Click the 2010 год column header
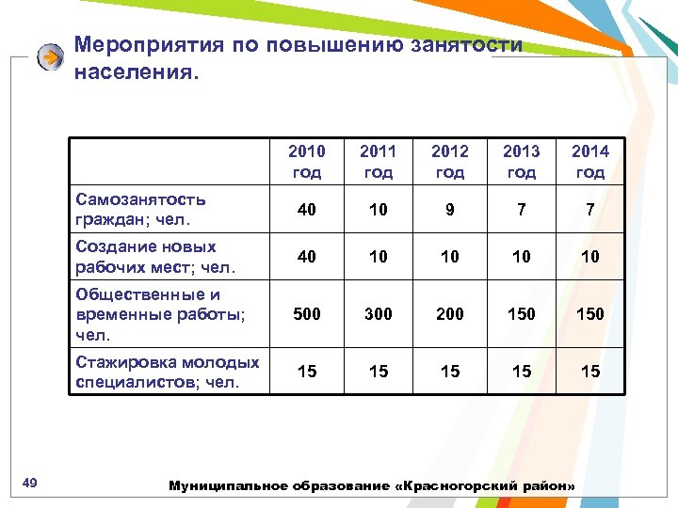[307, 161]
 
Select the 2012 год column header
[450, 161]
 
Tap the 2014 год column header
[590, 161]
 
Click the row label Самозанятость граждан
[141, 210]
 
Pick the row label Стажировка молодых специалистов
[168, 372]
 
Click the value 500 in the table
[307, 313]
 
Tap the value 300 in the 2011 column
[379, 313]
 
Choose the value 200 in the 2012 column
[450, 313]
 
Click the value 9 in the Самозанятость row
[450, 210]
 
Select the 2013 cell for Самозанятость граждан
[522, 210]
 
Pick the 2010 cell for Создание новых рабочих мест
[307, 257]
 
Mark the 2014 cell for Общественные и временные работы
[590, 313]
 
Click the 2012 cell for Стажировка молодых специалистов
[450, 372]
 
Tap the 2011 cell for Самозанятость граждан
[379, 210]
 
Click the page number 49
[29, 484]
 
